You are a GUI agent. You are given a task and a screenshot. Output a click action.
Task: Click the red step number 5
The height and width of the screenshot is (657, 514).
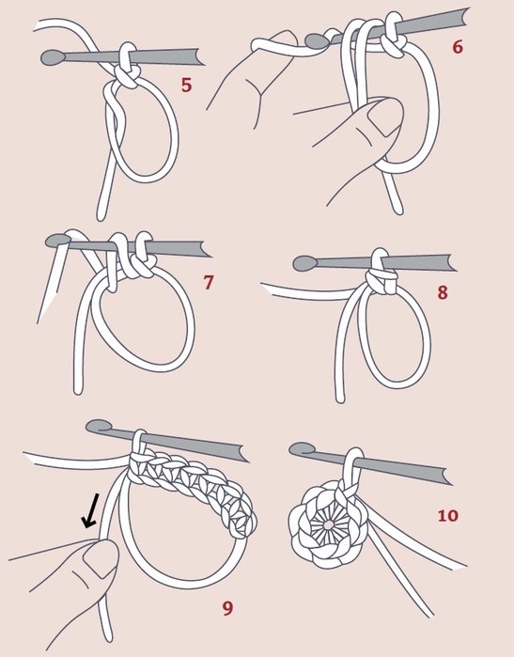coord(186,85)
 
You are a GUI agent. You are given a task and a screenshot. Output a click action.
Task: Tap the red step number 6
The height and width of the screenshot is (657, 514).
coord(458,47)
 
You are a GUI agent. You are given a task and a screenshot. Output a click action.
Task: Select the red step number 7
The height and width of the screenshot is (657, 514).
coord(209,282)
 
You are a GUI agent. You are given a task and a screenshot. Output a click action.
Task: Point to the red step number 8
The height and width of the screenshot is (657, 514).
coord(443,292)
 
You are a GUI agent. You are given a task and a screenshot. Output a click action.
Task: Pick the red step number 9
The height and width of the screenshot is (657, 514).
coord(227,608)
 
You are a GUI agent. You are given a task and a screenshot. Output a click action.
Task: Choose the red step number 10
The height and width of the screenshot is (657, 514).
coord(448,515)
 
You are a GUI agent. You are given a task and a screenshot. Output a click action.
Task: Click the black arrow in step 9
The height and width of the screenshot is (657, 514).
coord(90,510)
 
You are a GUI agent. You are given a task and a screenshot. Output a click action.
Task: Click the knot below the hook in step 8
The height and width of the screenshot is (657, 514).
coord(381,282)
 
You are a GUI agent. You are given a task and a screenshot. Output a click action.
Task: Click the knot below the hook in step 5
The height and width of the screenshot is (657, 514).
coord(127,77)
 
